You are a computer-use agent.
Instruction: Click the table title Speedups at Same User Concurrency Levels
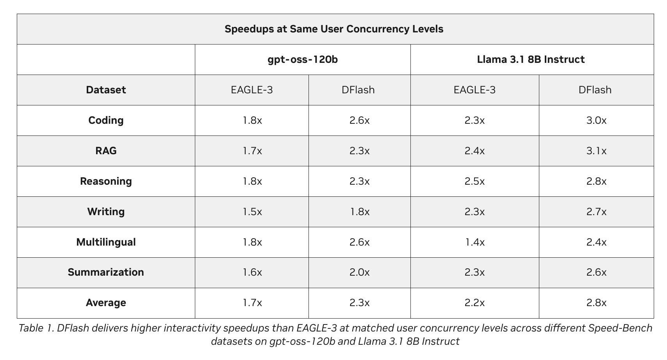334,29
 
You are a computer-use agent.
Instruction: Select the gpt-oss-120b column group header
303,60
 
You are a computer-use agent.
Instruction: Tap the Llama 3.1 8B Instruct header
531,60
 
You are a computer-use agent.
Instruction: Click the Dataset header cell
106,90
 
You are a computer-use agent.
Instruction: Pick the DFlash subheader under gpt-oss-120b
358,90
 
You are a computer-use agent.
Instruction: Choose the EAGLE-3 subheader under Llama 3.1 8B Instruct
474,90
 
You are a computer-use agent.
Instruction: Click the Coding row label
106,121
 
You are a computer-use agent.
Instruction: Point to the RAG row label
106,151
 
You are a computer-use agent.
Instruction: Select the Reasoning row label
106,181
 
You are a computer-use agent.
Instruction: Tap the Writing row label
106,212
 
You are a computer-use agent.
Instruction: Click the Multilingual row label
106,242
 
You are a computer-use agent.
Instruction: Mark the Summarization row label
106,272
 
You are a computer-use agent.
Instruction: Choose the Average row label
106,303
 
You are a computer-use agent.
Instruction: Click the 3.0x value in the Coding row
596,120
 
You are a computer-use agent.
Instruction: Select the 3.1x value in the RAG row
596,151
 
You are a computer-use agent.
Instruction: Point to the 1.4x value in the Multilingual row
474,242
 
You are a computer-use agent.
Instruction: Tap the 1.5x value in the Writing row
252,212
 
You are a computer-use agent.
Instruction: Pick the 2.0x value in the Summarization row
359,272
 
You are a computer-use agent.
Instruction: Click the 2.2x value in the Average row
474,303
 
